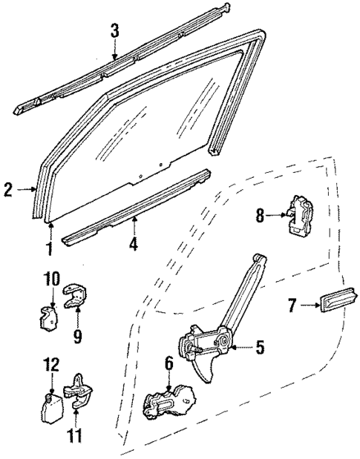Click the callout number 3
click(x=114, y=30)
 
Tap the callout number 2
click(x=7, y=190)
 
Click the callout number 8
click(x=259, y=216)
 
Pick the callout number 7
click(x=291, y=304)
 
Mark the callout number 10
click(x=49, y=280)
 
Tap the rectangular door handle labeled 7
click(x=333, y=303)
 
